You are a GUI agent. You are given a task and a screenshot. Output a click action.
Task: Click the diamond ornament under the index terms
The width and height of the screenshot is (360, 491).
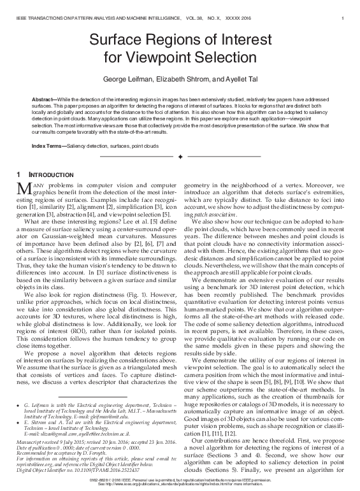[180, 156]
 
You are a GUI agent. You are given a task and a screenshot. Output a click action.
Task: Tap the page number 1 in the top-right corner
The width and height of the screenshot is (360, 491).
[343, 8]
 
